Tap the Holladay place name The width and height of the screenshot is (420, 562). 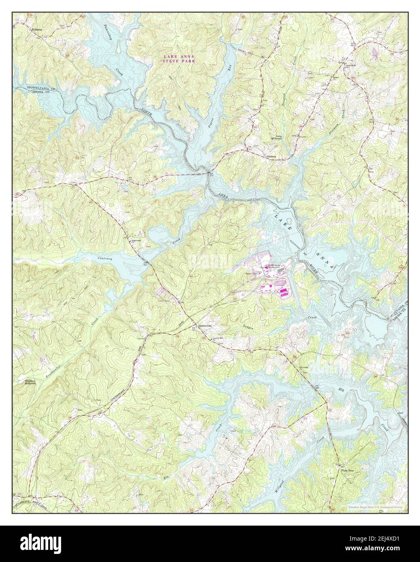tap(37, 30)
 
